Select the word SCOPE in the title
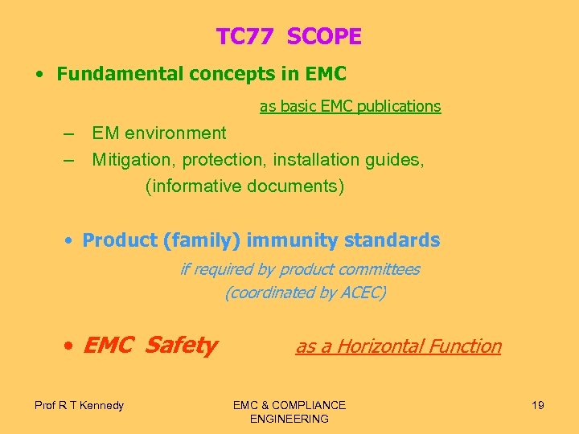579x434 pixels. point(324,37)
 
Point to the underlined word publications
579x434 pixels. point(400,106)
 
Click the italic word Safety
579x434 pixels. point(181,346)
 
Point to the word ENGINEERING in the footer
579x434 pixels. point(289,419)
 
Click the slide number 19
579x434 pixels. point(537,405)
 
